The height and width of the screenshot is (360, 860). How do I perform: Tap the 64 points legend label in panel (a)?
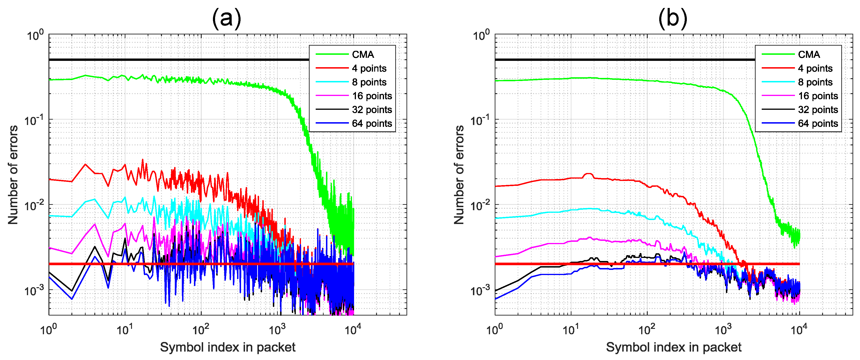372,124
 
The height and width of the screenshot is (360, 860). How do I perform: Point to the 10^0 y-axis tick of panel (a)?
35,35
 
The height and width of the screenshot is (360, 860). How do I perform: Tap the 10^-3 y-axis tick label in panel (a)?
34,290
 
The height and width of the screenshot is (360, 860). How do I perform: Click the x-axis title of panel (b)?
673,347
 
